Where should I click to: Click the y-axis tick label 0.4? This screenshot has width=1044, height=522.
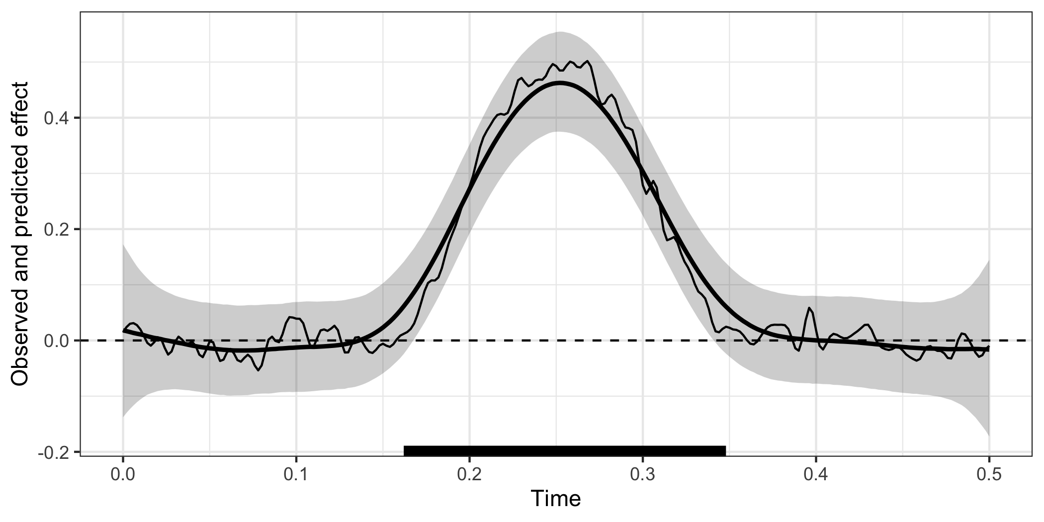[56, 118]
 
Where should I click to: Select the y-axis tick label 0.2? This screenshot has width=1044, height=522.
[56, 230]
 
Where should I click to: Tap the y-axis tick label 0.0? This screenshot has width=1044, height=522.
[56, 341]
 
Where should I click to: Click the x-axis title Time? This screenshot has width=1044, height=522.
[556, 499]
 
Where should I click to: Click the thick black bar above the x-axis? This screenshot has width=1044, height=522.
[565, 450]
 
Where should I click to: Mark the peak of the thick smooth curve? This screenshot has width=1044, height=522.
[560, 83]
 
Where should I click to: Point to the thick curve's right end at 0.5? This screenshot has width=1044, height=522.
[988, 349]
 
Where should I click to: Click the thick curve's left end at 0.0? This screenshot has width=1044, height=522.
[124, 330]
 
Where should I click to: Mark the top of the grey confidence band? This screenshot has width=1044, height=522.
[560, 32]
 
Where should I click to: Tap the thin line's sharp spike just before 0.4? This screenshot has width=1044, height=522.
[809, 308]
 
